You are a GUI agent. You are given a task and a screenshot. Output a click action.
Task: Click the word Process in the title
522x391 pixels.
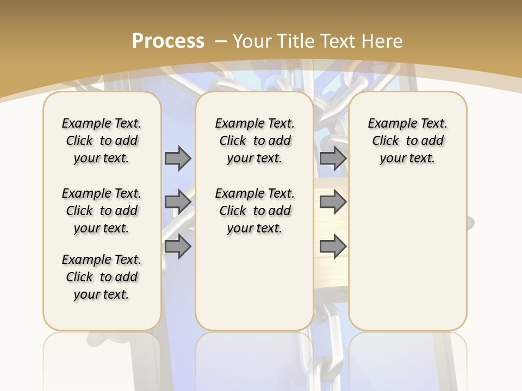coord(168,41)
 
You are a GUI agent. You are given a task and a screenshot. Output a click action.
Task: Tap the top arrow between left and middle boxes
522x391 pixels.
coord(178,158)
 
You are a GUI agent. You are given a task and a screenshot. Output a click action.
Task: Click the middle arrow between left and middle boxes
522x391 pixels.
coord(178,202)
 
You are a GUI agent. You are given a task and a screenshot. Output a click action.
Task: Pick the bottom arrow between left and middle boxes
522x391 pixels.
coord(178,246)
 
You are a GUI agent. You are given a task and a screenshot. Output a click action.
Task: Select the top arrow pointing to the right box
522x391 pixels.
coord(333,158)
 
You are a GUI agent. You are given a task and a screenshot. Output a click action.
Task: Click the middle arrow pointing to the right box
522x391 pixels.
coord(333,202)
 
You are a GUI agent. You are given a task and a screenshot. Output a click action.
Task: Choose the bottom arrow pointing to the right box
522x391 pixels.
coord(333,246)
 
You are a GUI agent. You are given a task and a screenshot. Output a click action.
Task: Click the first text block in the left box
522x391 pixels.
coord(102,141)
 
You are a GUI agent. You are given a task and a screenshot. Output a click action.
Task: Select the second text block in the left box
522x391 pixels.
coord(102,211)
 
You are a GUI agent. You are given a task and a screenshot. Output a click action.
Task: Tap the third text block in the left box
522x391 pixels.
coord(102,277)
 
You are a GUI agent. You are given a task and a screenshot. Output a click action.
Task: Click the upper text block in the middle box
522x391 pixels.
coord(254,141)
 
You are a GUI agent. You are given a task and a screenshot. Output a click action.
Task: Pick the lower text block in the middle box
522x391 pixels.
coord(254,211)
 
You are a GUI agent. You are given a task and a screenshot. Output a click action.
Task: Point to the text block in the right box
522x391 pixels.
coord(407,141)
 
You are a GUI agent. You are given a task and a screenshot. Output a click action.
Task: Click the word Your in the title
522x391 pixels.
coord(252,41)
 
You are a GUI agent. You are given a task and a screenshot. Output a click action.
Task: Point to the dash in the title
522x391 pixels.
coord(221,41)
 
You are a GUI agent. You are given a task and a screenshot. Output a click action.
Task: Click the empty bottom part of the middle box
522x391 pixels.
coord(254,288)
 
